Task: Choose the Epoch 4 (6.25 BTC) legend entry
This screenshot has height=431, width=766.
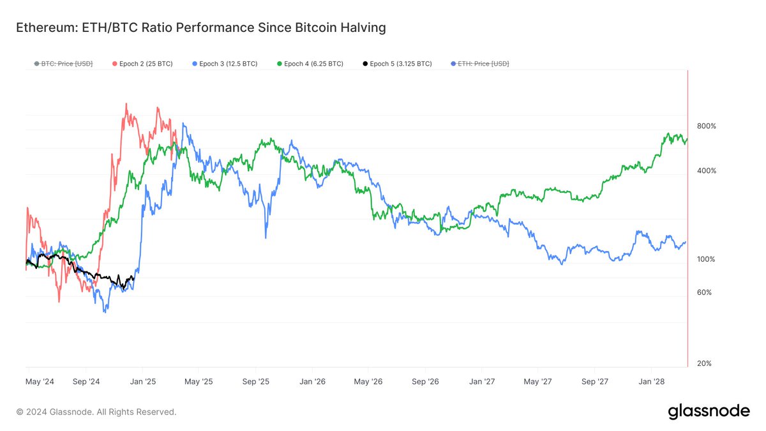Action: (x=310, y=64)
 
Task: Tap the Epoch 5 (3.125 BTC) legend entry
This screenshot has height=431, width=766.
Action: (x=396, y=64)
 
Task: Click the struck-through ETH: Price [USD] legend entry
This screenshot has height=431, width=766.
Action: (x=479, y=64)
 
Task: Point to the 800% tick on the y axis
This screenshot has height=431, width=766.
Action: (x=707, y=126)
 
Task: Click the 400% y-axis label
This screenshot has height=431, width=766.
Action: (x=707, y=171)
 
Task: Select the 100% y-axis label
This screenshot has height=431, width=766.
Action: (x=707, y=259)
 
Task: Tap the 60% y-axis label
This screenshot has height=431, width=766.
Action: (x=705, y=292)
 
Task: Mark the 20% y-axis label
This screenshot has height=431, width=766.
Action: (x=705, y=363)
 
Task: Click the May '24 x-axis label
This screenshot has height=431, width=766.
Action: (x=40, y=382)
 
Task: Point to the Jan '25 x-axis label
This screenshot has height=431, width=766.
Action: (x=143, y=382)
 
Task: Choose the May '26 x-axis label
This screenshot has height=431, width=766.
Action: (x=368, y=382)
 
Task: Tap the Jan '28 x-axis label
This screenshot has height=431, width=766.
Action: (x=650, y=382)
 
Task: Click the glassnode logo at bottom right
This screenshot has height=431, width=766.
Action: (x=709, y=412)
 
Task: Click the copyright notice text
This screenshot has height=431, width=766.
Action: (x=96, y=412)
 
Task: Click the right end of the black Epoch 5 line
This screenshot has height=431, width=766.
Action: (x=133, y=276)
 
